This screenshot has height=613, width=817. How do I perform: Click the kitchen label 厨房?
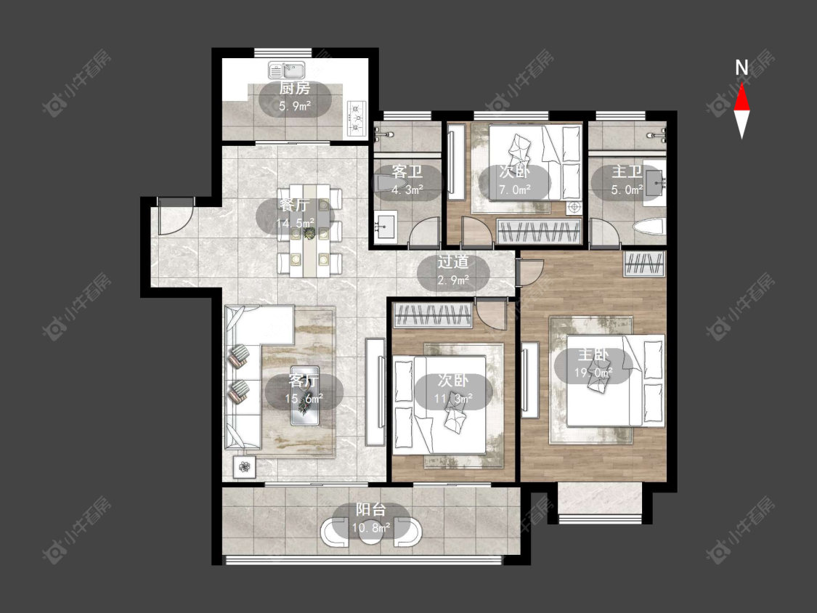coord(295,88)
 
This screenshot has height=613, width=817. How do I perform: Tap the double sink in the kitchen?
coord(287,70)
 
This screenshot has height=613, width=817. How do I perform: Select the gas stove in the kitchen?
coord(357,118)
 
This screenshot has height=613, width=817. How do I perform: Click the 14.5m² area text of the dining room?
coord(295,224)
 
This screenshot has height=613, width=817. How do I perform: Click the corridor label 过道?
coord(452,261)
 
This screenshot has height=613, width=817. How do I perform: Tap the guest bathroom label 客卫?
coord(407,171)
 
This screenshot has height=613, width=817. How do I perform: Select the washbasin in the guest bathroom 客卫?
coord(385,226)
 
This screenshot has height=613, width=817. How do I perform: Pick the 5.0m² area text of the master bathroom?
coord(627,190)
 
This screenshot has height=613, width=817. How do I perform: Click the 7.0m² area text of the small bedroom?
coord(515,190)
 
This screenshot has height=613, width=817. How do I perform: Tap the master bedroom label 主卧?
coord(593,355)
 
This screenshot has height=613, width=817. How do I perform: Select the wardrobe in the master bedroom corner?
coord(645,263)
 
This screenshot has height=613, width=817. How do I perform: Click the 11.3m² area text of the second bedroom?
coord(453,399)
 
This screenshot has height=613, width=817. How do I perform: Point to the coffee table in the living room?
coord(304,396)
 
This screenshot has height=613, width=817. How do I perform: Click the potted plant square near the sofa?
coord(244,466)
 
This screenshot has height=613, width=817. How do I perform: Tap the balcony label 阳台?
coord(371,509)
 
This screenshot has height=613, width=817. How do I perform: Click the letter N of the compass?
coord(741,68)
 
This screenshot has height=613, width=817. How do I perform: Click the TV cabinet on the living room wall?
coord(375,392)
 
